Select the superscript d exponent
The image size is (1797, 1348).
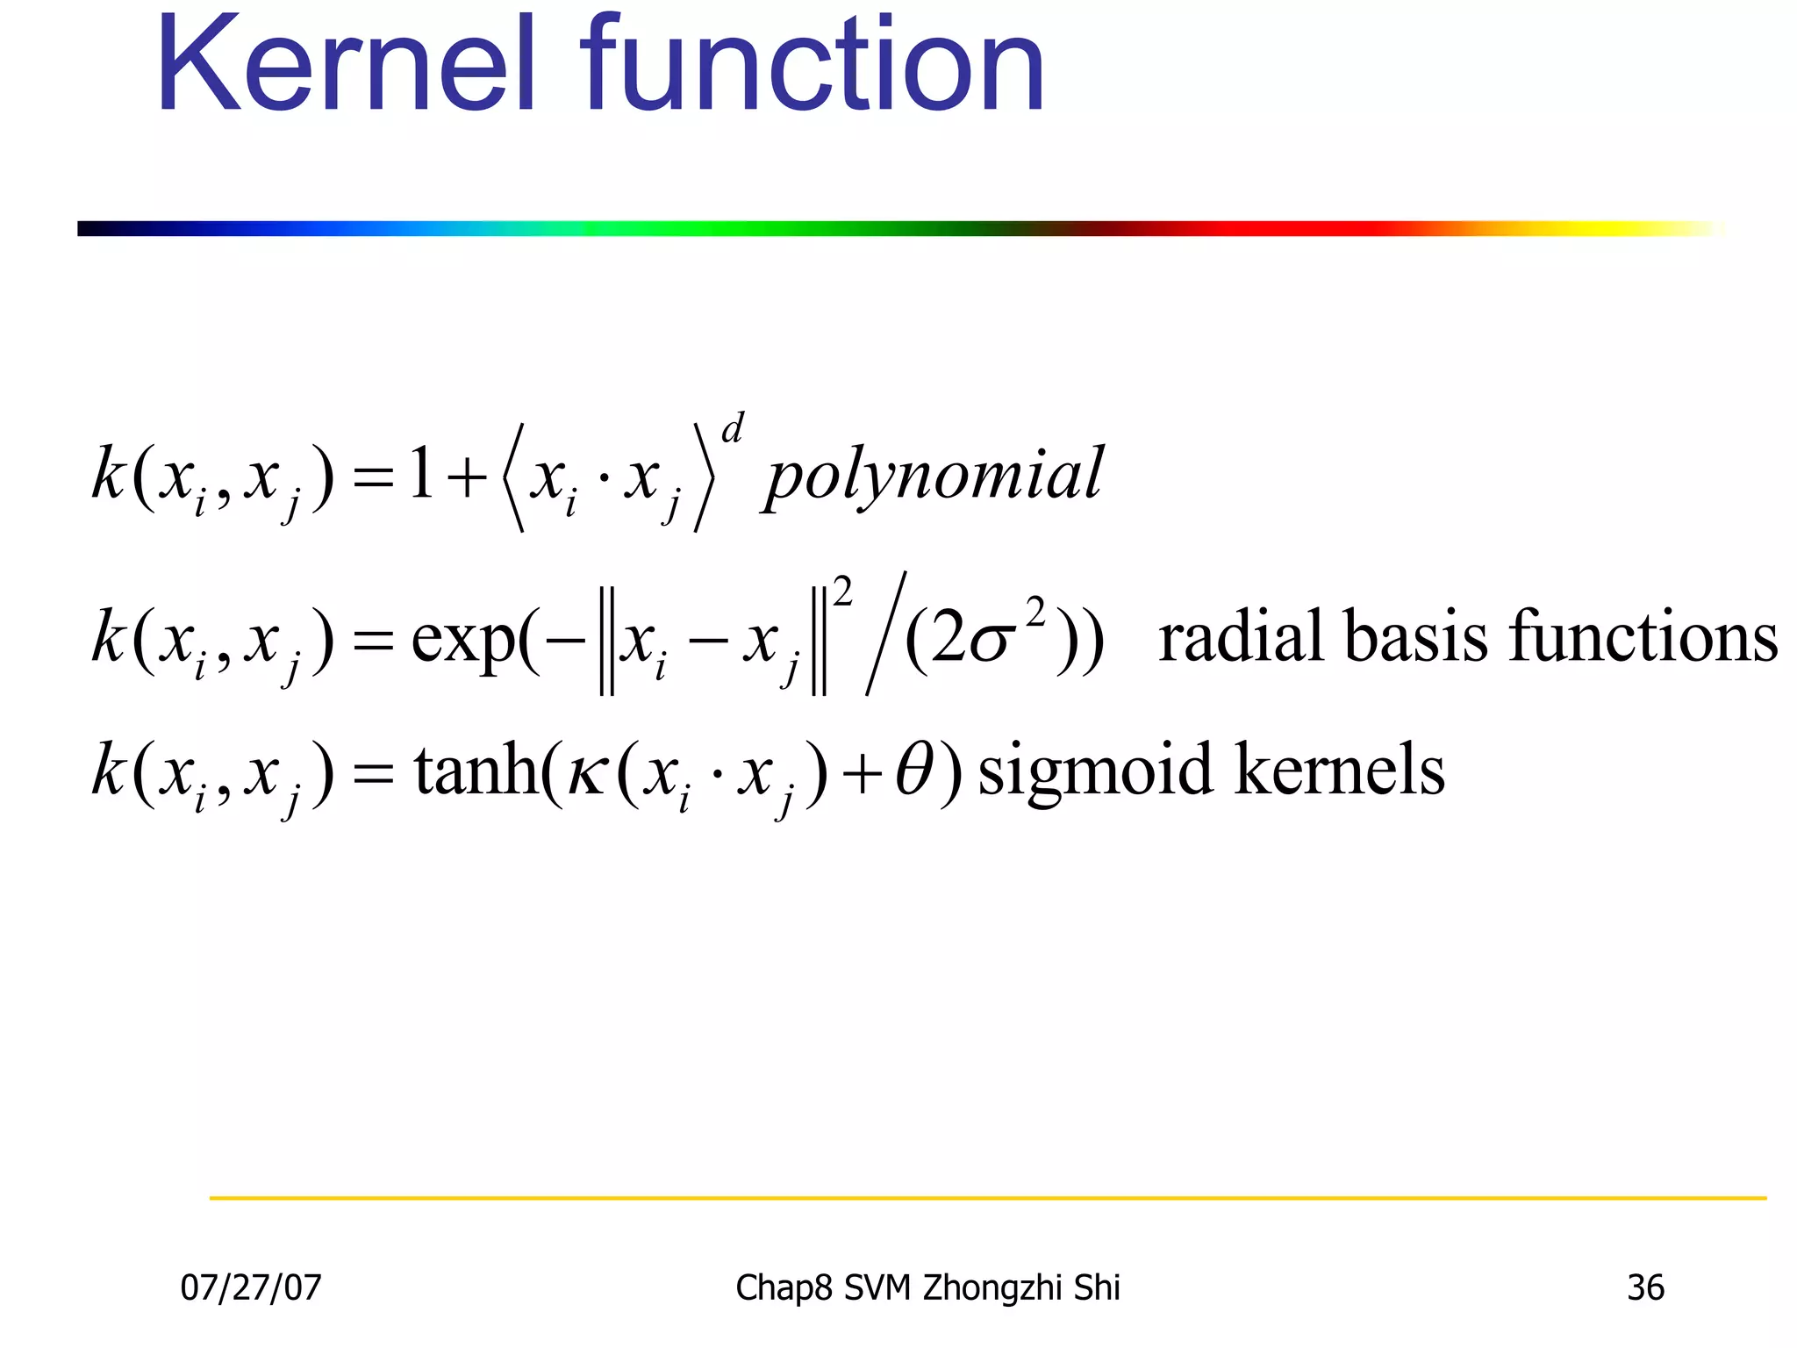(733, 429)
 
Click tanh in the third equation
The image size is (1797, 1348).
(475, 770)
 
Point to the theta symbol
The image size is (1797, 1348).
(915, 770)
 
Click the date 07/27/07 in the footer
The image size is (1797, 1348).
(251, 1287)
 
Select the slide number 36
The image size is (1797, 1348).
(1645, 1287)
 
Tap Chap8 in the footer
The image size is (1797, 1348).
(784, 1287)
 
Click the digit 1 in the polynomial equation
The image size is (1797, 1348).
(421, 474)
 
